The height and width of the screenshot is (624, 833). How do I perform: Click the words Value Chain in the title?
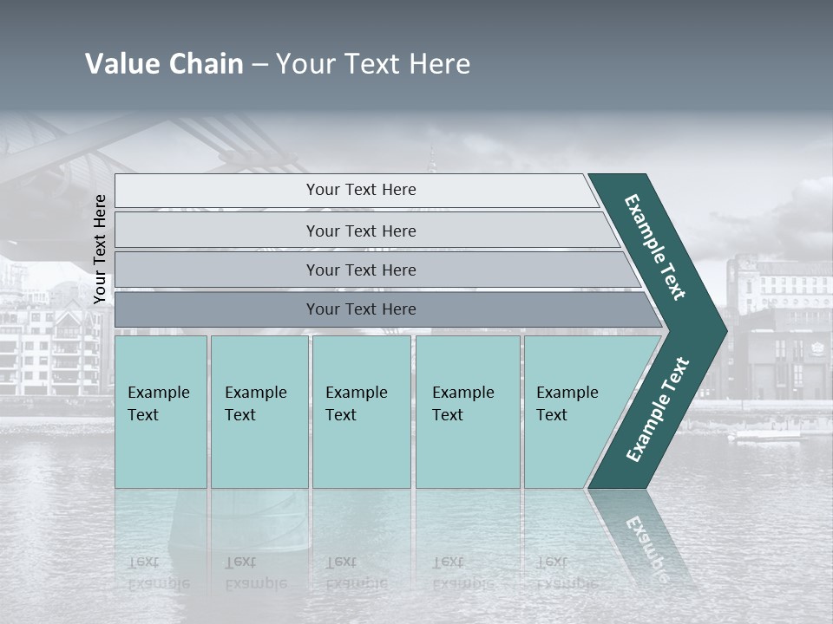pyautogui.click(x=164, y=64)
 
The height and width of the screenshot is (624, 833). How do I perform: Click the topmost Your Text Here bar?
pyautogui.click(x=360, y=190)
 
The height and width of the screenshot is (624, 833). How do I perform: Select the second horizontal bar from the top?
pyautogui.click(x=360, y=231)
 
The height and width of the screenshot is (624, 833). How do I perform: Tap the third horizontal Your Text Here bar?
pyautogui.click(x=360, y=270)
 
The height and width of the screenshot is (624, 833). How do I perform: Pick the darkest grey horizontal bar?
pyautogui.click(x=360, y=309)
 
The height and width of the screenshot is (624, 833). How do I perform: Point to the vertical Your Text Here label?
pyautogui.click(x=100, y=249)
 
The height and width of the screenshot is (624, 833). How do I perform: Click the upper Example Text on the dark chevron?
pyautogui.click(x=655, y=246)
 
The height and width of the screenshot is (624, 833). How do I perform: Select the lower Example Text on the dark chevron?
pyautogui.click(x=657, y=409)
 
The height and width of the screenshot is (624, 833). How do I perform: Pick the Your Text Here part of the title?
pyautogui.click(x=373, y=64)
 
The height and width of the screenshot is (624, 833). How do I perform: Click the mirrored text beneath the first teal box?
pyautogui.click(x=158, y=573)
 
